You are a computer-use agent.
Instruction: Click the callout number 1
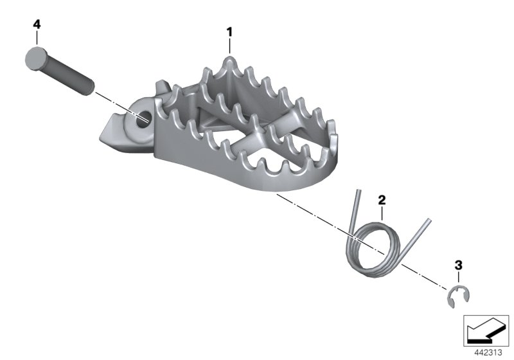click(229, 32)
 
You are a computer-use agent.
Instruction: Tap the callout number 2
click(382, 200)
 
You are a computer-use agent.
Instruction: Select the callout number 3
click(458, 265)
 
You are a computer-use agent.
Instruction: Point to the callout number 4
click(37, 24)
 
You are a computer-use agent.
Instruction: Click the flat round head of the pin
click(35, 59)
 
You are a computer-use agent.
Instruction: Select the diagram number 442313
click(488, 353)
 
